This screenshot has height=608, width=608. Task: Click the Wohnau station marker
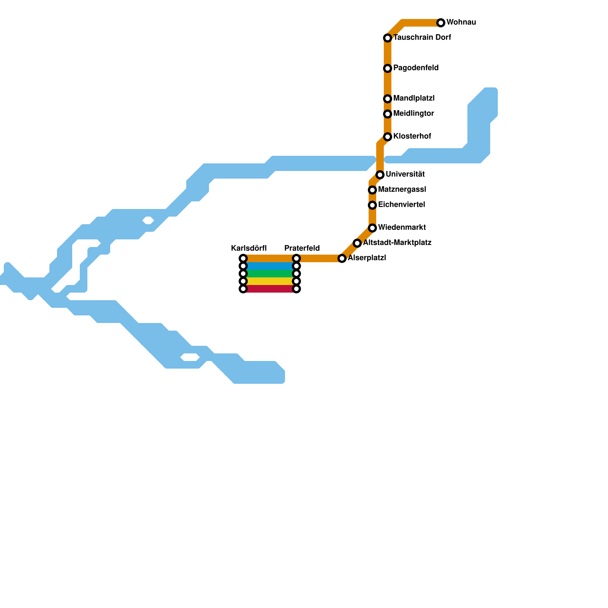pos(441,23)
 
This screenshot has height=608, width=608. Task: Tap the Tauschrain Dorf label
pos(422,38)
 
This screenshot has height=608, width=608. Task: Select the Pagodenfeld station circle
pos(388,68)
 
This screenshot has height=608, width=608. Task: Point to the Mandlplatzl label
pos(414,98)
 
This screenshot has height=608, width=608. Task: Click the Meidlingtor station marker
pos(388,114)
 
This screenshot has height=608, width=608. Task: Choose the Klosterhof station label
pos(412,136)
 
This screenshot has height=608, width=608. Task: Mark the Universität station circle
pos(380,175)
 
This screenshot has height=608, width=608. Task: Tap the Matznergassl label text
pos(402,190)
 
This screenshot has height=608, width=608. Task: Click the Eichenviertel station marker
pos(372,205)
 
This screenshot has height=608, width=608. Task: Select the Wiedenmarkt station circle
pos(372,228)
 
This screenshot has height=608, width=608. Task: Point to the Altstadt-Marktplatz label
pos(397,243)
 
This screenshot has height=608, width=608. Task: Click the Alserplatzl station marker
pos(342,258)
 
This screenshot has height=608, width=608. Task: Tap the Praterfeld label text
pos(302,249)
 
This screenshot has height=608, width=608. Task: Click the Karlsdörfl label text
pos(249,249)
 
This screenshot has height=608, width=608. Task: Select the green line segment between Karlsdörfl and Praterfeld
pos(270,274)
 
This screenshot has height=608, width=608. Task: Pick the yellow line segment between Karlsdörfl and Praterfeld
pos(270,281)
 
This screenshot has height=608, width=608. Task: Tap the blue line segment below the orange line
pos(270,266)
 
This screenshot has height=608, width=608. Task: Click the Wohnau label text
pos(461,22)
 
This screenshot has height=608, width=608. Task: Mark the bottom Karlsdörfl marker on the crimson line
pos(243,289)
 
